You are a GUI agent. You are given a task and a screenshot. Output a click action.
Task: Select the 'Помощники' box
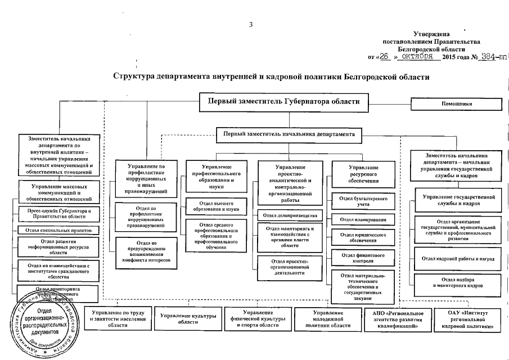click(456, 104)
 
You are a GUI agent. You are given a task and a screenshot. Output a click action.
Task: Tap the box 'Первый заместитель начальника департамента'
click(289, 135)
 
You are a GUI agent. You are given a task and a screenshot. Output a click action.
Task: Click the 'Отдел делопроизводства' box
click(290, 215)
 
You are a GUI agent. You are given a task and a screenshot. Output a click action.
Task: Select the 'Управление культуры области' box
click(188, 318)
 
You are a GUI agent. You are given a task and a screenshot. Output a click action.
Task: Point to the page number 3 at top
click(252, 24)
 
